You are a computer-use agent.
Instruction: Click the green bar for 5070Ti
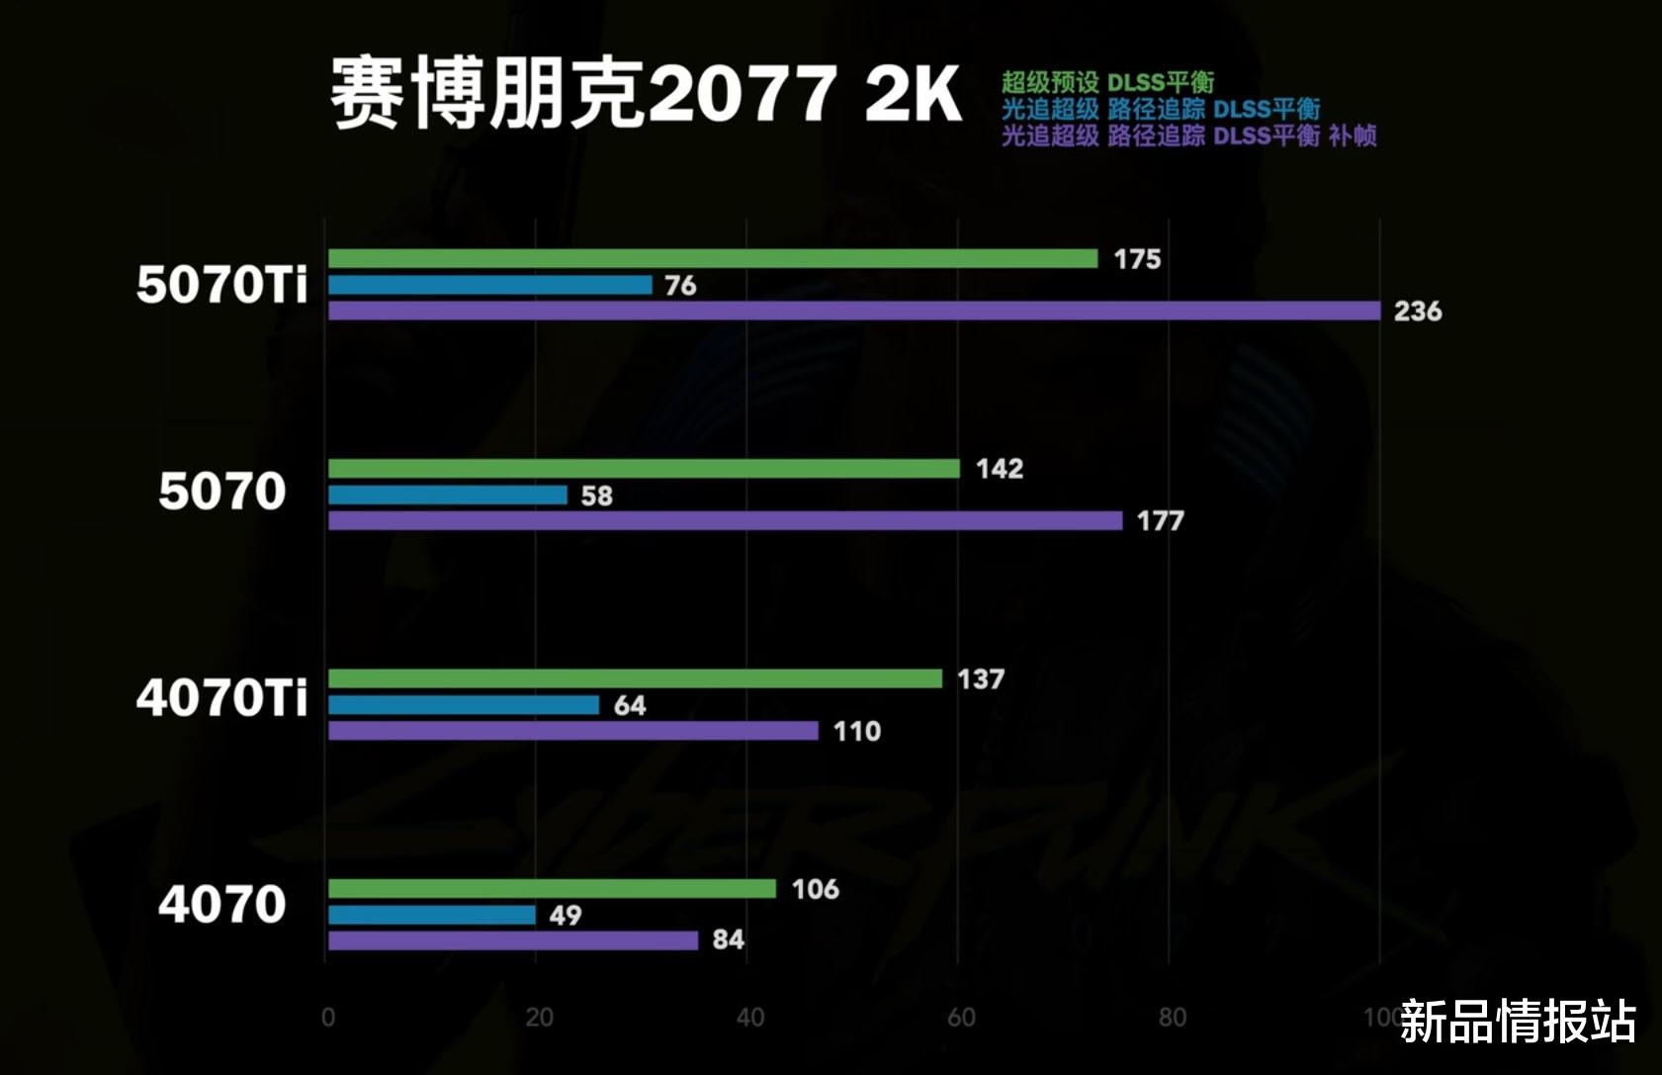(712, 259)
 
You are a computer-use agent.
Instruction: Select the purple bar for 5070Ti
(853, 312)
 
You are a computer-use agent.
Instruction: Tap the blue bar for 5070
(447, 494)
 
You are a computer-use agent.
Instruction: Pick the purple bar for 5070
(725, 521)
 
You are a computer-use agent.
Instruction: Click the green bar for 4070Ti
(635, 678)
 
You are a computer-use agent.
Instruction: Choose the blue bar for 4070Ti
(463, 705)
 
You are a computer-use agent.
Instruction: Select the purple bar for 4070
(512, 941)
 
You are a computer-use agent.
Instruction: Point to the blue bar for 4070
(431, 915)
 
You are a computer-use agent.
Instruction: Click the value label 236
(1417, 312)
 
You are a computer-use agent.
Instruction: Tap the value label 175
(1137, 259)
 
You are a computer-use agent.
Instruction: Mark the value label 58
(596, 495)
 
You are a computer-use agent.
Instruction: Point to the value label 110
(856, 732)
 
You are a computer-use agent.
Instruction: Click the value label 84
(728, 940)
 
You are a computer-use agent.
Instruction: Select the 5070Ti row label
(222, 285)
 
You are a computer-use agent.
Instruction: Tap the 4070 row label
(222, 905)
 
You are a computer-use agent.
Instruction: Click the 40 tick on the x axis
(749, 1018)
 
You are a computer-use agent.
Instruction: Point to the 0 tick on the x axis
(328, 1018)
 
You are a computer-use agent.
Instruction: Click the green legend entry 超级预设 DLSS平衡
(1107, 82)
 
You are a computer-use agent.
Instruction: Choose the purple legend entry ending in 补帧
(1188, 135)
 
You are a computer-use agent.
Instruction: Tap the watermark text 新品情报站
(1518, 1022)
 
